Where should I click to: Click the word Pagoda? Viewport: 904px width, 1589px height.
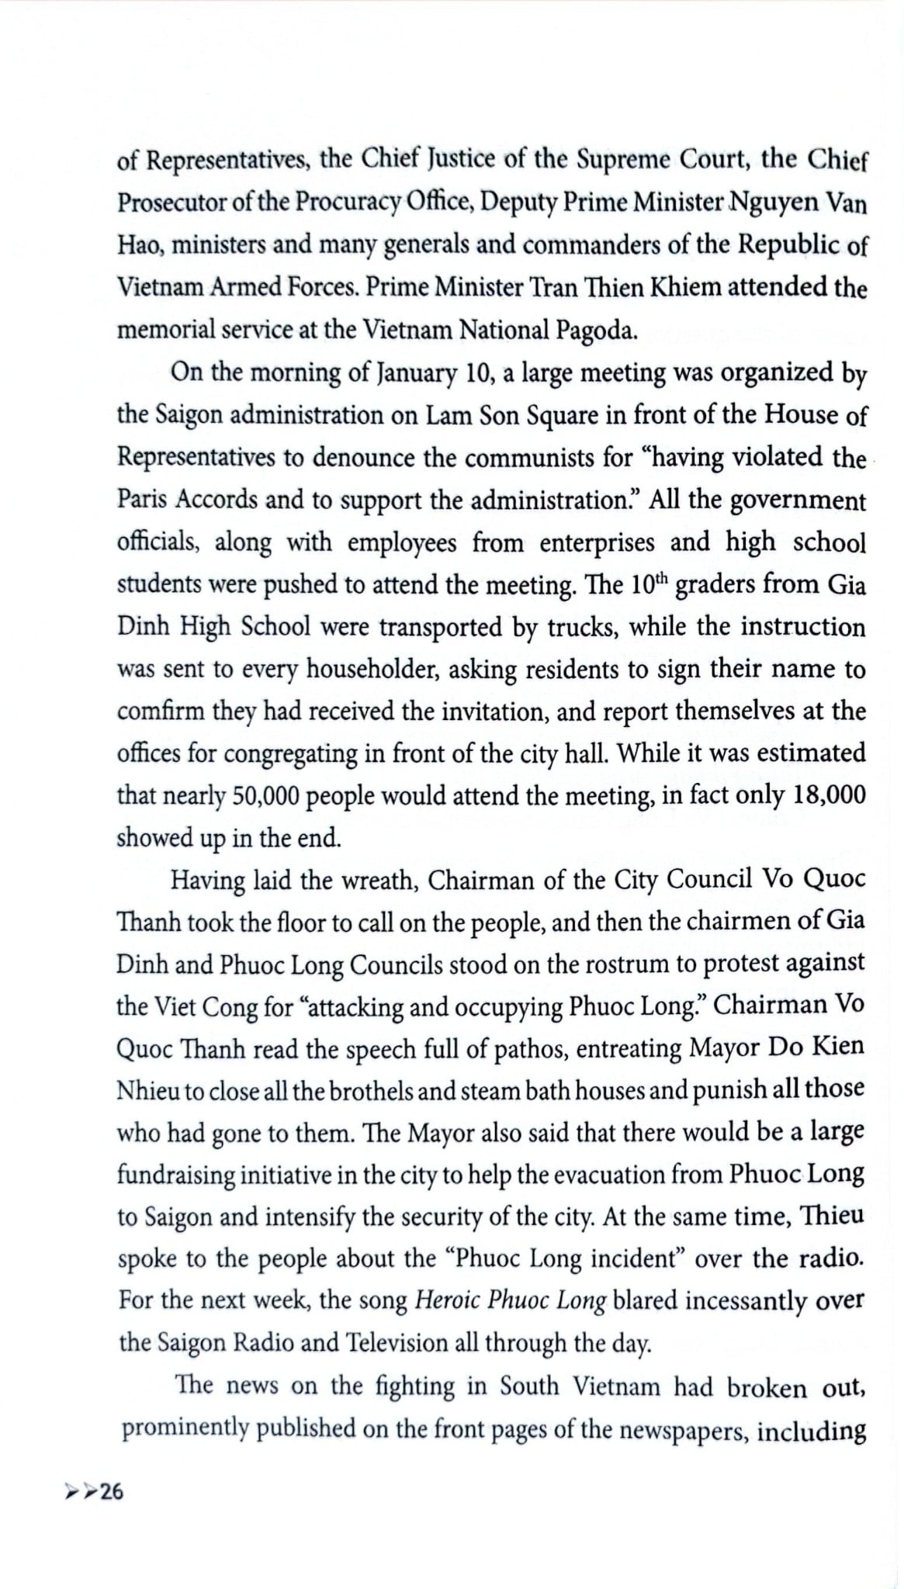597,331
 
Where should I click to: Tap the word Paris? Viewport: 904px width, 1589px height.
142,499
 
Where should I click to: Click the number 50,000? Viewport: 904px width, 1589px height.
265,796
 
